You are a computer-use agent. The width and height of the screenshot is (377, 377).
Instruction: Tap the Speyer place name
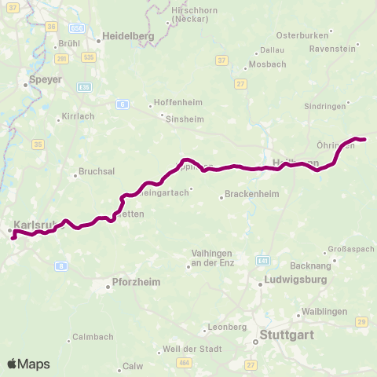[45, 79]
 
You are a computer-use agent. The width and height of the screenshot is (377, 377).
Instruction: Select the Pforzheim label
[133, 287]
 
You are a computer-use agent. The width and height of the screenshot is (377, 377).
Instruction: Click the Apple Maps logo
[28, 364]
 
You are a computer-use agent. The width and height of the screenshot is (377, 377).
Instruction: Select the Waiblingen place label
[324, 312]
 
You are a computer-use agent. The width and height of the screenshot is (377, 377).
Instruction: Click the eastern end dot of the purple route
[364, 140]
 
